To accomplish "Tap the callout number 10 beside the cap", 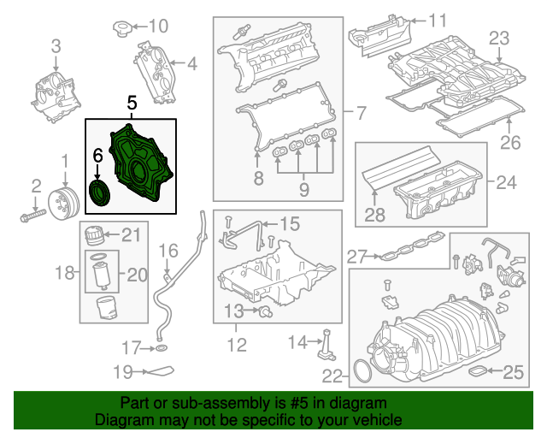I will click(x=160, y=26).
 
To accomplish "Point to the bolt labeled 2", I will click(x=31, y=212).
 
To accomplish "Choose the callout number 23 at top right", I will click(x=498, y=38).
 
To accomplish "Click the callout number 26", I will click(x=509, y=142).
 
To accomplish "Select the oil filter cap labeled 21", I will click(x=94, y=234).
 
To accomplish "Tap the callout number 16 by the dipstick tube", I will click(x=168, y=251).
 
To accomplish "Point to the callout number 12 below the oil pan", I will click(x=237, y=346).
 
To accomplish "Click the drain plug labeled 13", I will click(x=266, y=309).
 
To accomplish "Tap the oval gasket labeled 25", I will click(x=482, y=371).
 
